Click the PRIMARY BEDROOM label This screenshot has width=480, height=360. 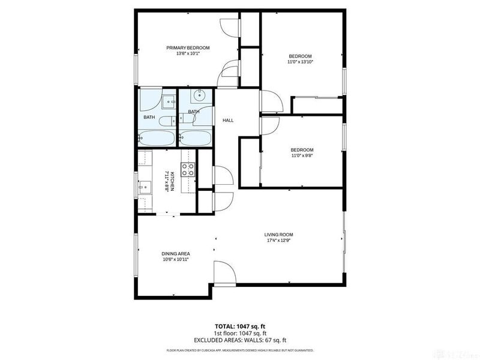pos(188,47)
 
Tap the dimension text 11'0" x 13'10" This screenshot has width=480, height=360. pos(301,62)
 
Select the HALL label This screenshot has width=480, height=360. pos(228,121)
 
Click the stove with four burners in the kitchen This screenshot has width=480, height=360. pos(188,170)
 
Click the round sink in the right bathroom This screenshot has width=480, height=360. pos(199,95)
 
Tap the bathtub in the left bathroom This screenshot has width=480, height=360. pos(157,139)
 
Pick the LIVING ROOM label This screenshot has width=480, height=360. pos(279,235)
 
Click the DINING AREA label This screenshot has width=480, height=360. pos(175,253)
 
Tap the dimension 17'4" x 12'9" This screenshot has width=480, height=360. pos(279,241)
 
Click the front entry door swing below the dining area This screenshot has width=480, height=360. pos(223,273)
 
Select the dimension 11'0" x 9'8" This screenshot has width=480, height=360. pos(302,155)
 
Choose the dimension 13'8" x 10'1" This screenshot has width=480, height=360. pos(188,53)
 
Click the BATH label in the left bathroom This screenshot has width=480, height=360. pos(149,117)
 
